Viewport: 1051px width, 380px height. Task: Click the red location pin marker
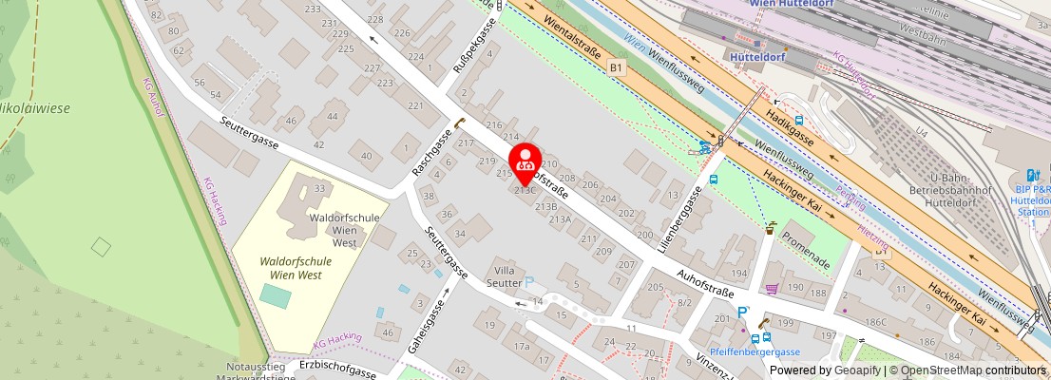[x=525, y=162]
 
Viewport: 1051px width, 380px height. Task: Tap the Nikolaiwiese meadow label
[x=35, y=108]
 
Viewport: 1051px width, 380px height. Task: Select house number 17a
[x=522, y=347]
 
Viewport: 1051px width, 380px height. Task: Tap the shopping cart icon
[x=773, y=288]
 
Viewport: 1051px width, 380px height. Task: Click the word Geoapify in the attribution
[x=856, y=370]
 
